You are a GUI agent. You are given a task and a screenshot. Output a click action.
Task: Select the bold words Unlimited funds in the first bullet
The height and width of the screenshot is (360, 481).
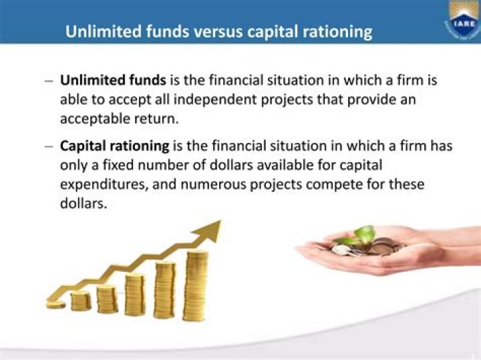(x=113, y=81)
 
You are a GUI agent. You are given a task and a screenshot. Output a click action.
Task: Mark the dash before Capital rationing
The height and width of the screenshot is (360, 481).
(x=49, y=146)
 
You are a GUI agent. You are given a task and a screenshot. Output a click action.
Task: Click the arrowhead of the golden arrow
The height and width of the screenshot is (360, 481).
(x=208, y=230)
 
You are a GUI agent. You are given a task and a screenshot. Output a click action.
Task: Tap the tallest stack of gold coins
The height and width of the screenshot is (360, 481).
(x=196, y=284)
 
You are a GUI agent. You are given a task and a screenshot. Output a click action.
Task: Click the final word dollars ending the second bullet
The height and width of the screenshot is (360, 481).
(x=83, y=204)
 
